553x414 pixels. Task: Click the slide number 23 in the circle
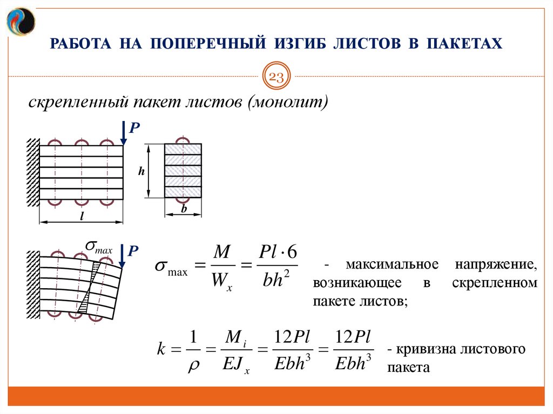(276, 77)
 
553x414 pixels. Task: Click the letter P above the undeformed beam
(135, 127)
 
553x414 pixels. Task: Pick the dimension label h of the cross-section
(141, 171)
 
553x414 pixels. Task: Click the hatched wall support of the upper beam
(33, 172)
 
